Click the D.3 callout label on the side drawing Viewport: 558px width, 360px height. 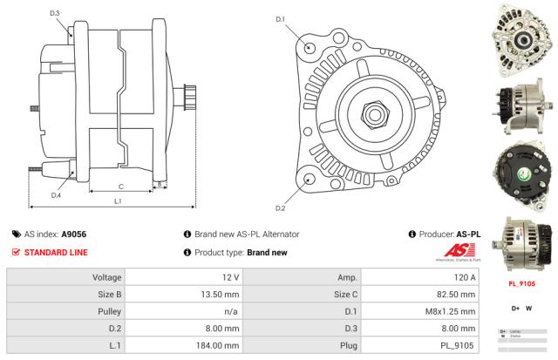coord(55,13)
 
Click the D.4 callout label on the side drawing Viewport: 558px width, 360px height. coord(56,194)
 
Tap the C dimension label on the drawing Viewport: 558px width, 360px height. coord(120,186)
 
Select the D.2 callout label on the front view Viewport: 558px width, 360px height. coord(281,207)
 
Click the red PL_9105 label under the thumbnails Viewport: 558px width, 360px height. coord(521,282)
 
